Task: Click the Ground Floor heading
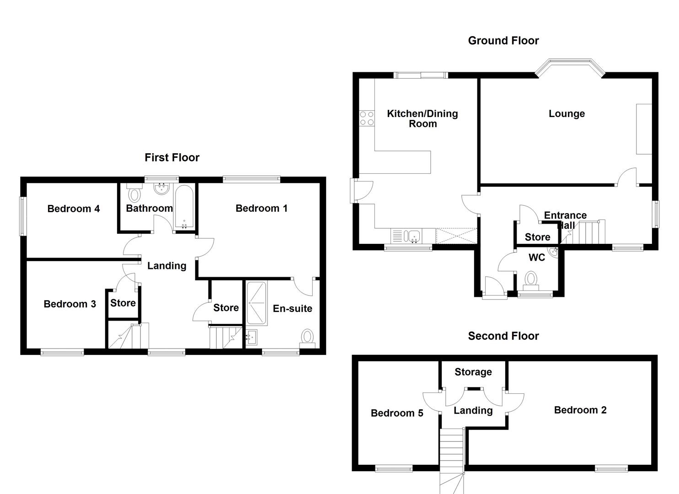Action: pyautogui.click(x=503, y=41)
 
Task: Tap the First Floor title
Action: pyautogui.click(x=172, y=158)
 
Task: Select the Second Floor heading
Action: pyautogui.click(x=503, y=336)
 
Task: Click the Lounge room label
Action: pyautogui.click(x=567, y=114)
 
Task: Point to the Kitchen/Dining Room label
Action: pyautogui.click(x=422, y=118)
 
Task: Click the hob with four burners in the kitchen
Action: pyautogui.click(x=367, y=118)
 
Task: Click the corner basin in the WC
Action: pyautogui.click(x=555, y=252)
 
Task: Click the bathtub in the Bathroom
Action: pyautogui.click(x=184, y=207)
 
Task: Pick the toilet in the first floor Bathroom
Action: pyautogui.click(x=134, y=194)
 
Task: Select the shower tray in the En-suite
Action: pyautogui.click(x=256, y=303)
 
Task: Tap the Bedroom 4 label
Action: pyautogui.click(x=74, y=209)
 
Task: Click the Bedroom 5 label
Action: pyautogui.click(x=397, y=413)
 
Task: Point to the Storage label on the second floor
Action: pyautogui.click(x=473, y=372)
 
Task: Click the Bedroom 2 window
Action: pyautogui.click(x=611, y=468)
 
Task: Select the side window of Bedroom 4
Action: pyautogui.click(x=22, y=216)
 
